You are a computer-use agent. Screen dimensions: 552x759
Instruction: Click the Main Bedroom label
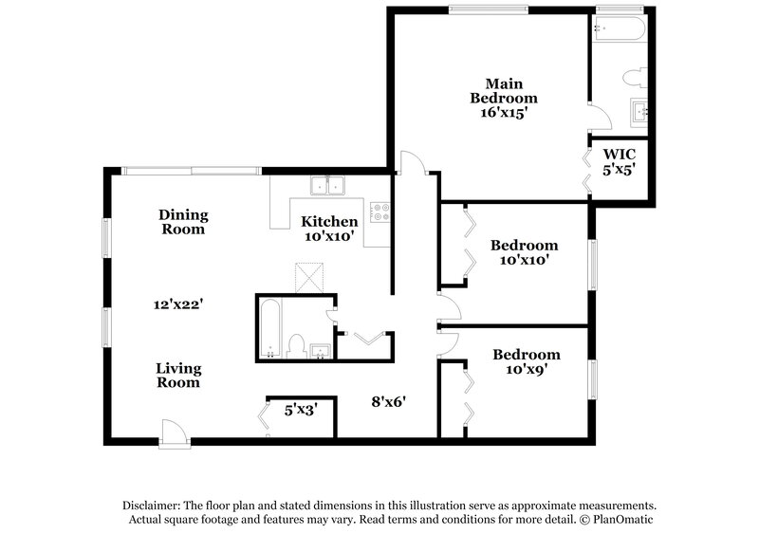tap(504, 89)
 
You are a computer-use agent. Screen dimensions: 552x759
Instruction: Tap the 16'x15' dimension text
tap(504, 112)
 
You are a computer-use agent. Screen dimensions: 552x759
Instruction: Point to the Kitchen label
tap(329, 222)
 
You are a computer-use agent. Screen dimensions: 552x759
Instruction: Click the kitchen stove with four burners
tap(380, 212)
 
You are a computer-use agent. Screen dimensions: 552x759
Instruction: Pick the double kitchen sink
tap(328, 185)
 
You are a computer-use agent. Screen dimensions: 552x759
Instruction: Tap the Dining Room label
tap(183, 222)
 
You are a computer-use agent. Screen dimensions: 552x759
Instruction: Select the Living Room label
tap(179, 376)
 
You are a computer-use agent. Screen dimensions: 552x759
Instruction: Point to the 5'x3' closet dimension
tap(301, 410)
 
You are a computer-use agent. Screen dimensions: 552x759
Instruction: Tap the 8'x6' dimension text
tap(388, 401)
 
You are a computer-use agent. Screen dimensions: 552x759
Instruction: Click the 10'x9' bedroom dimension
tap(526, 370)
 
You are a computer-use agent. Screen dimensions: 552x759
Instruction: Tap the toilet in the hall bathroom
tap(295, 345)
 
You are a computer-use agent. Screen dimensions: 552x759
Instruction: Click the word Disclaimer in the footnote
tap(155, 506)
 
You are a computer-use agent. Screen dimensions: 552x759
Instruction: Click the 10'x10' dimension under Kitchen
tap(328, 237)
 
